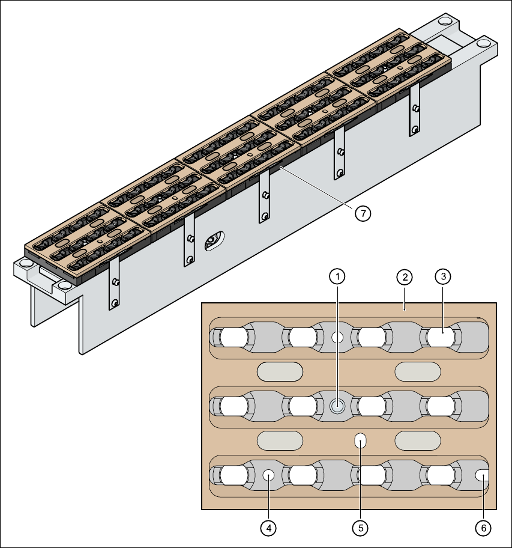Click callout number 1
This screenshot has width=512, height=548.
click(x=338, y=276)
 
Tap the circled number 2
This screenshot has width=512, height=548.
click(x=405, y=277)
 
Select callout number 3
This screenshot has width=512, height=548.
click(x=442, y=276)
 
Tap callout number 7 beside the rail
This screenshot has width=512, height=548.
click(x=363, y=213)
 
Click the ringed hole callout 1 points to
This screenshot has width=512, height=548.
click(x=337, y=407)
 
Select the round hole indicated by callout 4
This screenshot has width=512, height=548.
click(x=268, y=475)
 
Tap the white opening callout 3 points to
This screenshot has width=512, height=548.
click(x=442, y=338)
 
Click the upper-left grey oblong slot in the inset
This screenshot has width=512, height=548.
click(x=279, y=372)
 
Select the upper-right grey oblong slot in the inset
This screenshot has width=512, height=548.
click(x=417, y=372)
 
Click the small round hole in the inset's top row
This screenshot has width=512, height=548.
click(x=337, y=338)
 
